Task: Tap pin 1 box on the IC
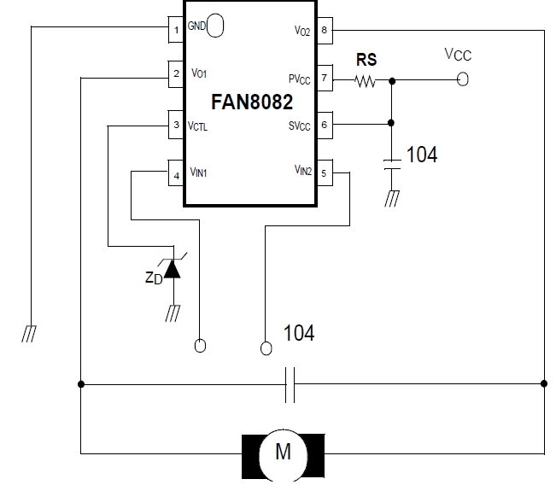click(176, 31)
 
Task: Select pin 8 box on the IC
click(325, 31)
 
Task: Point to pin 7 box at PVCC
click(325, 79)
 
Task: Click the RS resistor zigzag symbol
click(366, 81)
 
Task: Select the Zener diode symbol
click(173, 269)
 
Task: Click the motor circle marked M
click(282, 452)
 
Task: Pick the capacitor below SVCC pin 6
click(392, 165)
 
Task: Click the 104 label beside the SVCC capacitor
click(421, 155)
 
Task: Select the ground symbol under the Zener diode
click(173, 314)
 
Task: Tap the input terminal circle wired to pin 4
click(201, 346)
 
